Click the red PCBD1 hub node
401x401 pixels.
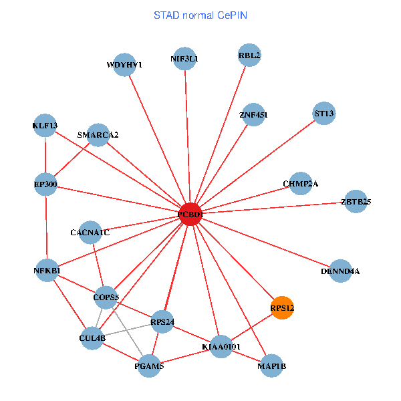tap(190, 214)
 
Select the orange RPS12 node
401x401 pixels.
tap(282, 308)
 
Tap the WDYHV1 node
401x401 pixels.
tap(124, 65)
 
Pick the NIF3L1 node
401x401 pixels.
tap(184, 58)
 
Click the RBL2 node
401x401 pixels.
tap(249, 55)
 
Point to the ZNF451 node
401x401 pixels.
tap(253, 115)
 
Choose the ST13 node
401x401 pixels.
tap(324, 114)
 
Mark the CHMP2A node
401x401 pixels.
tap(300, 184)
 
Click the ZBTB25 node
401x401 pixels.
tap(356, 201)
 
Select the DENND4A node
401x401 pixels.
tap(341, 271)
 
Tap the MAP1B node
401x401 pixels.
tap(271, 366)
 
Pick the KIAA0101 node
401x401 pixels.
tap(221, 347)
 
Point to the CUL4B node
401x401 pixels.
tap(92, 338)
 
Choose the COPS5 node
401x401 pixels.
tap(106, 297)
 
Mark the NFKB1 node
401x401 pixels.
tap(47, 271)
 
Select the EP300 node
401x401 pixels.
tap(45, 184)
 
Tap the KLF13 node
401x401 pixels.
tap(45, 125)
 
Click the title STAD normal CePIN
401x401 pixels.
tap(200, 15)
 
